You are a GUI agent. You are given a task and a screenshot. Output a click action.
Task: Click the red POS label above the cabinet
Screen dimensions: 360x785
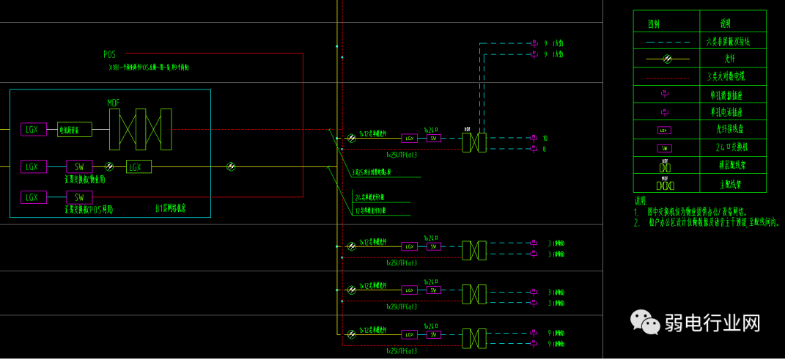click(109, 55)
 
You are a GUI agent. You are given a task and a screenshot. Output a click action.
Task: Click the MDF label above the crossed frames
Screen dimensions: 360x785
click(114, 103)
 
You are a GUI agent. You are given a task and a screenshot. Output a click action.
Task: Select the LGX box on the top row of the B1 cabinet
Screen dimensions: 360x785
click(32, 130)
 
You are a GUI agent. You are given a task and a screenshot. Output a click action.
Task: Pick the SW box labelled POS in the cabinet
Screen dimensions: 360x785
click(79, 197)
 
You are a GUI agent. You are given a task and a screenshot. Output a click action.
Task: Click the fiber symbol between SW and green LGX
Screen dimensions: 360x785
click(110, 166)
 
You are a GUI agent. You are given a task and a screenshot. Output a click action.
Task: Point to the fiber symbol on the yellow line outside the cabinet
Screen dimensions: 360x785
click(231, 166)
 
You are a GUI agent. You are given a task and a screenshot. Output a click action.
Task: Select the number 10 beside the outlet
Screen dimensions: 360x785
click(545, 138)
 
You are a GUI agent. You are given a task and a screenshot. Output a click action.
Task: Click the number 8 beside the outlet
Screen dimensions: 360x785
click(545, 149)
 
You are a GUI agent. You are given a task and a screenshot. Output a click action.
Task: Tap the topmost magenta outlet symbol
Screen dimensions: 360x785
click(534, 44)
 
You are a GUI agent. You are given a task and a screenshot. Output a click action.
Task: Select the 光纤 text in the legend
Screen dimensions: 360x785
click(729, 59)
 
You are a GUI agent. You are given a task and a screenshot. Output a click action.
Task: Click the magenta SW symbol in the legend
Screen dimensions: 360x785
click(665, 147)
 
